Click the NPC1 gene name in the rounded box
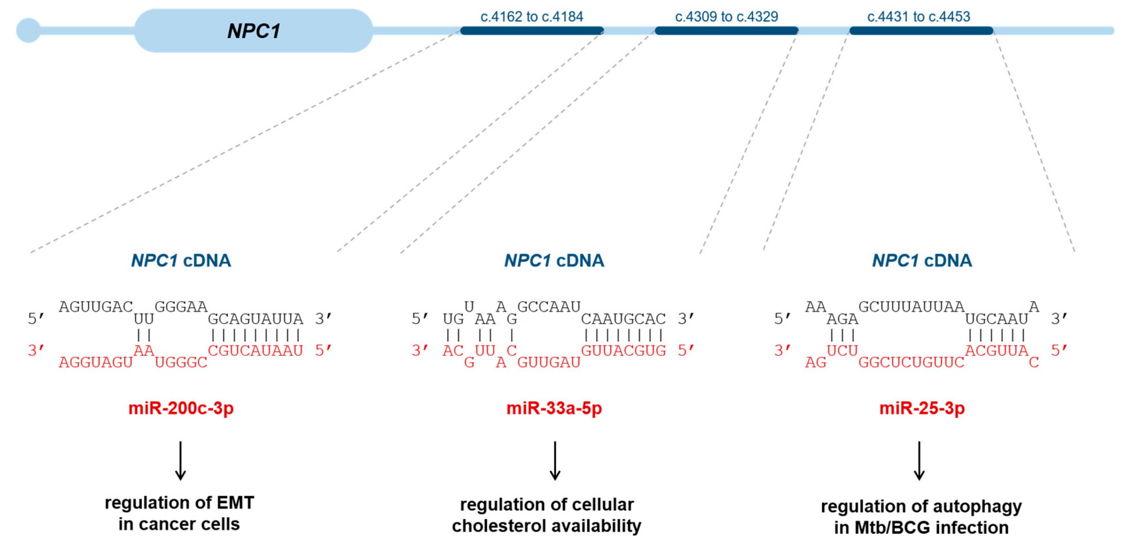(254, 31)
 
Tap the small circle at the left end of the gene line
(28, 30)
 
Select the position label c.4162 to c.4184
(531, 17)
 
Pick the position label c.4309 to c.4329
(726, 17)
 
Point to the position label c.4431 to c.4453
(918, 17)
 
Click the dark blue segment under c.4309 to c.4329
(726, 30)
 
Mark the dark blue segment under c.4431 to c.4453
(921, 30)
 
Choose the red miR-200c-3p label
(181, 408)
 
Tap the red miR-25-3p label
(922, 408)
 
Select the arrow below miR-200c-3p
(181, 460)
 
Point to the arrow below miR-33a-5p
(555, 460)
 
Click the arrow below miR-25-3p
(919, 460)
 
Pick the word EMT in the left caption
(236, 503)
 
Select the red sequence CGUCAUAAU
(255, 351)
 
